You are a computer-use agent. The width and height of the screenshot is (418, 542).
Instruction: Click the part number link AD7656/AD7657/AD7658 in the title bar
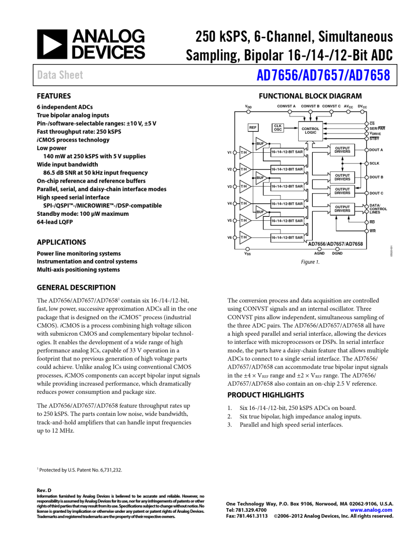tap(323, 76)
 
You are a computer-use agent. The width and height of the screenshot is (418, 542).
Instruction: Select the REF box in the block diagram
tap(253, 128)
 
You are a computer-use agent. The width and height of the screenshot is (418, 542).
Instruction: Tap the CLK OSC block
tap(277, 128)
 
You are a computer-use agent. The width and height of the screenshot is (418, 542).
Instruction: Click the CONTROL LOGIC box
tap(311, 130)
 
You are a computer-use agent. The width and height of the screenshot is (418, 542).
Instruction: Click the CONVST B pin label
tap(310, 106)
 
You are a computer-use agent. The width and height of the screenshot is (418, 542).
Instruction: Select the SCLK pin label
tap(374, 163)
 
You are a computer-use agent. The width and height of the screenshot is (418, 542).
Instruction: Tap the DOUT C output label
tap(376, 193)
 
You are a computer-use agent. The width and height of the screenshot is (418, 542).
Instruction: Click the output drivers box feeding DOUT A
tap(342, 150)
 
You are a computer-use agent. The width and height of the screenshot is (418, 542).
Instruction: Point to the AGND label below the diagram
tap(319, 253)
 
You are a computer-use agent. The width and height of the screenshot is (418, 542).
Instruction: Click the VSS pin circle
tap(247, 249)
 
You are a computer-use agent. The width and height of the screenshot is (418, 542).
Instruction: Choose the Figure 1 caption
tap(310, 262)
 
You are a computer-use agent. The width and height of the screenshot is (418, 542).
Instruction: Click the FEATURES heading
tap(54, 96)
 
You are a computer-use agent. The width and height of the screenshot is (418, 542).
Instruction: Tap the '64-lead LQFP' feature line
tap(55, 222)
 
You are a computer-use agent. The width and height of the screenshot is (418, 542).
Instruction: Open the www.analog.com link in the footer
tap(374, 510)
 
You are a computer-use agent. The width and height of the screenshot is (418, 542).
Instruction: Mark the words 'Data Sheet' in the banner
tap(60, 76)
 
